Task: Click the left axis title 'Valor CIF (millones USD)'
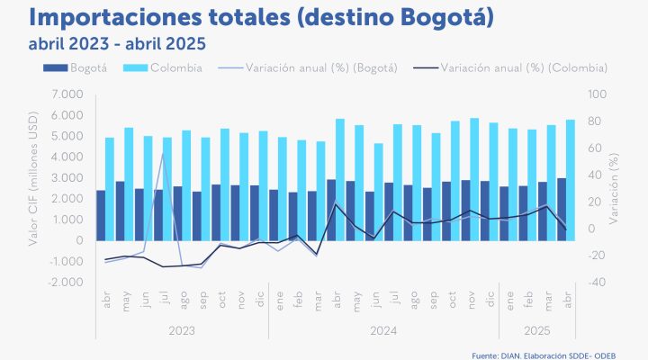[x=34, y=188]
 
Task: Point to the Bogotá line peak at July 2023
[x=163, y=154]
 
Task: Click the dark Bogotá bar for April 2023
[x=101, y=215]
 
